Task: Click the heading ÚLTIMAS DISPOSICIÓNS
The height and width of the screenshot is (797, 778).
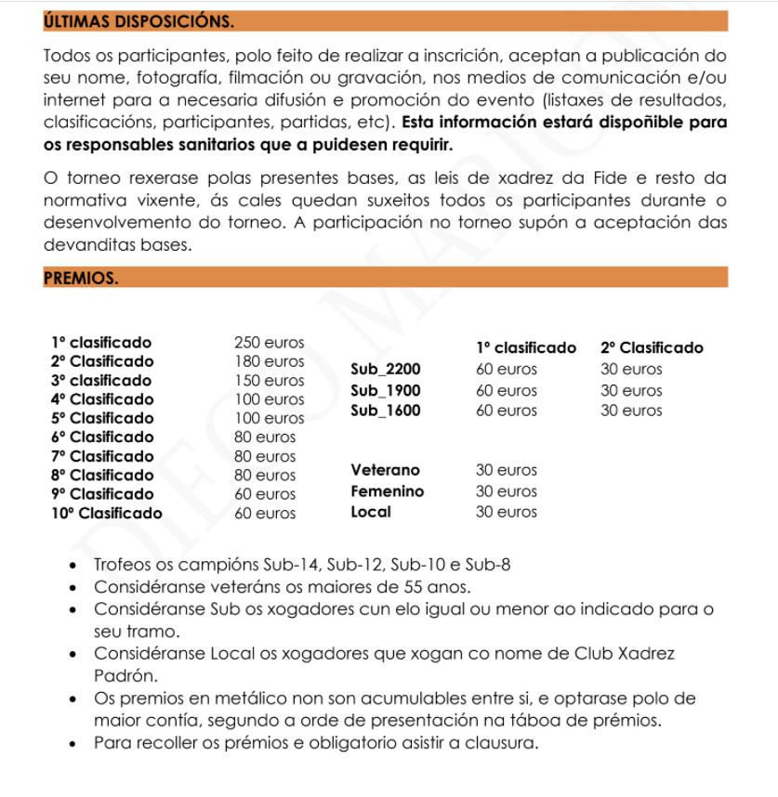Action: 138,20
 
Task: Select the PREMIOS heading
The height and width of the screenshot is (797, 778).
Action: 80,278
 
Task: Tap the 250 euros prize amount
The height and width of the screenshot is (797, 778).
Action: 269,343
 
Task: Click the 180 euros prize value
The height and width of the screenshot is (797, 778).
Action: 269,361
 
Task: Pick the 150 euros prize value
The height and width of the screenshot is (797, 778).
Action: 269,381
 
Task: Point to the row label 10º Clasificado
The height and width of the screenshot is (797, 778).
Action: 106,513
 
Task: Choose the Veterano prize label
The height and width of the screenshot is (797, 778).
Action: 385,471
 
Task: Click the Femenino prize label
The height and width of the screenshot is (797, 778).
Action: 387,491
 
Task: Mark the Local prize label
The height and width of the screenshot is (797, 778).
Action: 371,512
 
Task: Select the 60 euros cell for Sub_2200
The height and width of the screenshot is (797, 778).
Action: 506,370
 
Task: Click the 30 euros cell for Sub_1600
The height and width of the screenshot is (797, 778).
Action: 631,410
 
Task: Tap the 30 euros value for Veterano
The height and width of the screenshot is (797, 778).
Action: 506,471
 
